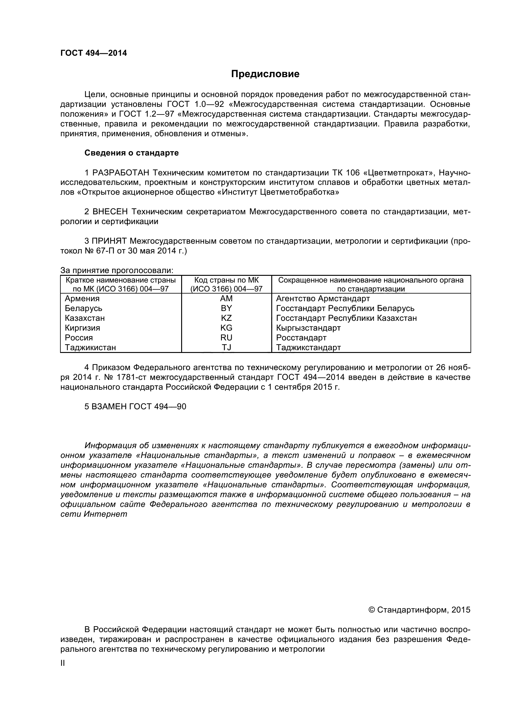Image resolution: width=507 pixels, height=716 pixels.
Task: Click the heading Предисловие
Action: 265,74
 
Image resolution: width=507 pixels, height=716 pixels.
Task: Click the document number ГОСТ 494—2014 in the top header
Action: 94,53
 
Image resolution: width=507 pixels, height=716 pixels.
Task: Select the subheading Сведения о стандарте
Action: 132,153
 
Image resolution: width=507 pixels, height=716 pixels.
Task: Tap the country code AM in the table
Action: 226,299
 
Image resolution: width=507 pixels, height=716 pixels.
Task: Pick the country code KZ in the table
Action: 226,318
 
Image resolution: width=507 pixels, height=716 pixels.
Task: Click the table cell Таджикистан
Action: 90,347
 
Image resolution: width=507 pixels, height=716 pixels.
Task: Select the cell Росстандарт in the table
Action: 301,338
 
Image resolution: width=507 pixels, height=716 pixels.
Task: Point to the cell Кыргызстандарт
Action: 308,328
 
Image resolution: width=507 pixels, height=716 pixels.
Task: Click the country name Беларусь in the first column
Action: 83,309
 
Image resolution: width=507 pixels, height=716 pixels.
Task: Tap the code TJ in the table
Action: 226,347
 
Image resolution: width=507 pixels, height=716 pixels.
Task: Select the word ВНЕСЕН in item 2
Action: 110,212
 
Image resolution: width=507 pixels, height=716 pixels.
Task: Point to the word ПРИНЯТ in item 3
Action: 109,241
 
